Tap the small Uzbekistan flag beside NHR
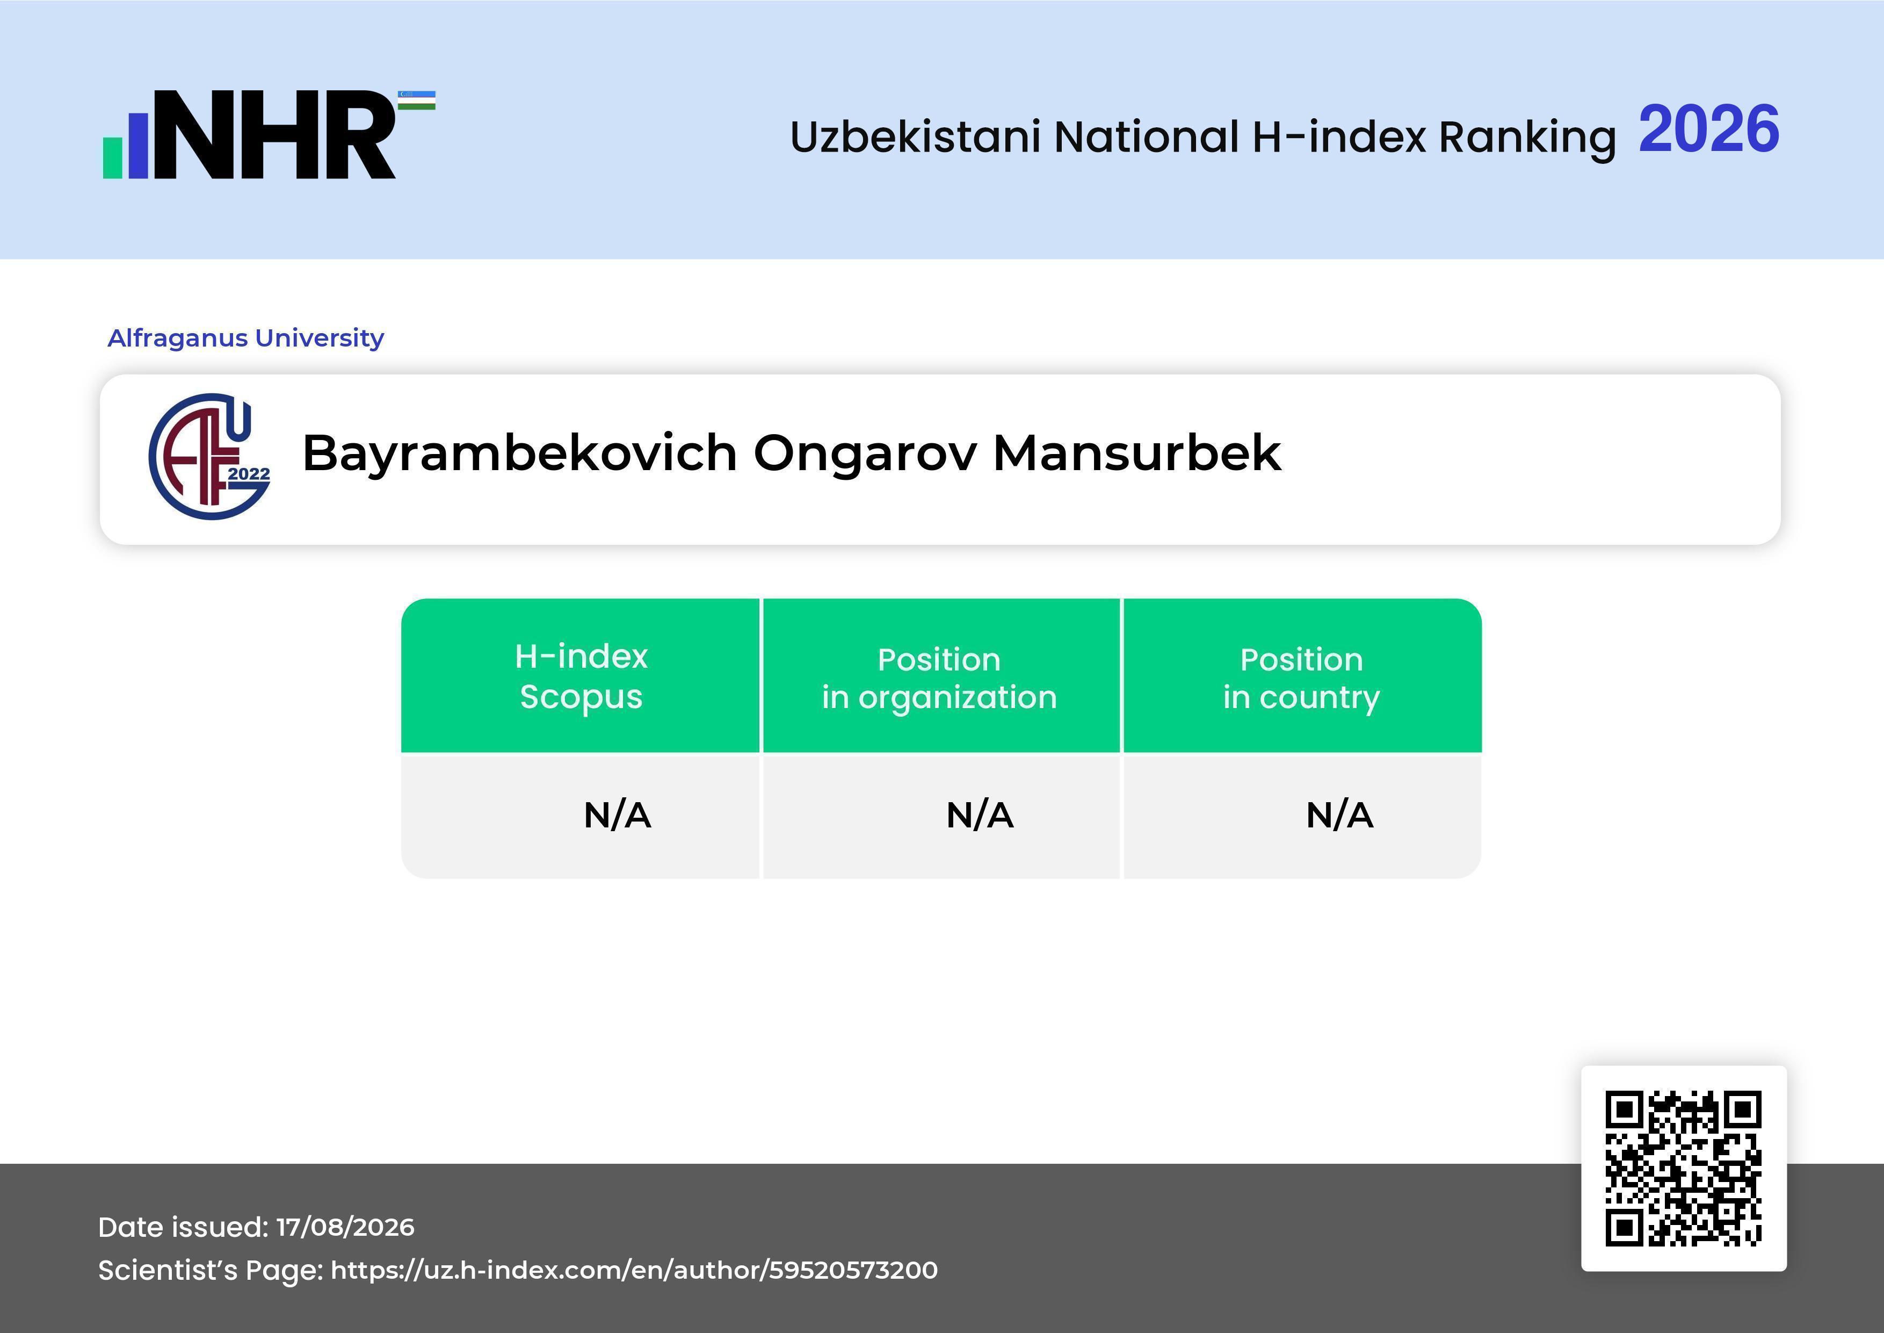click(x=417, y=100)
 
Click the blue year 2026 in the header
click(x=1708, y=129)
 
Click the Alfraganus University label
click(x=246, y=338)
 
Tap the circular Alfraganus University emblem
click(x=209, y=456)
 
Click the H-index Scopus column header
click(x=581, y=676)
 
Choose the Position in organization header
click(x=939, y=678)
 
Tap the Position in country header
click(x=1301, y=678)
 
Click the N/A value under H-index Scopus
click(x=617, y=815)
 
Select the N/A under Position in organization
click(x=980, y=815)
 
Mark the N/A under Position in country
click(x=1339, y=815)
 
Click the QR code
click(x=1684, y=1168)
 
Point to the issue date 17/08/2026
click(x=345, y=1227)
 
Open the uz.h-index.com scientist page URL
click(x=634, y=1270)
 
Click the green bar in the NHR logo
click(x=112, y=157)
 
